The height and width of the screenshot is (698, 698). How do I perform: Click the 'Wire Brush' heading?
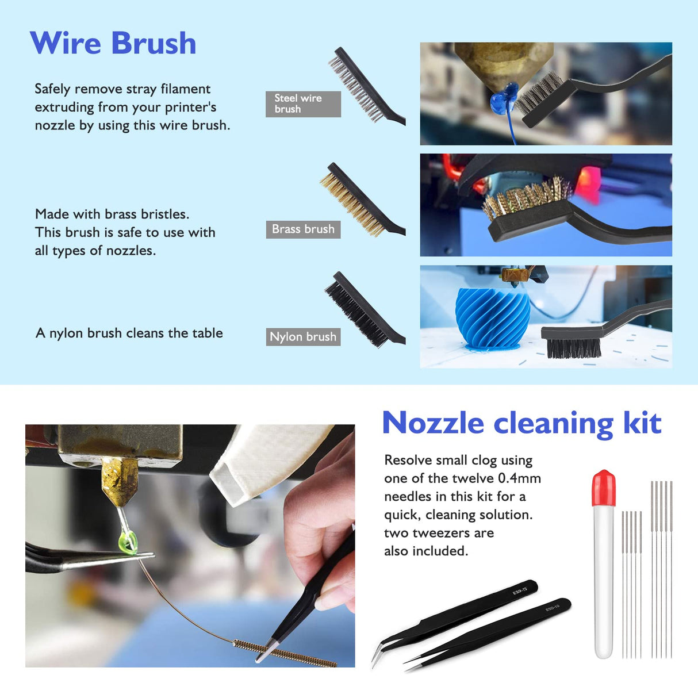click(x=113, y=43)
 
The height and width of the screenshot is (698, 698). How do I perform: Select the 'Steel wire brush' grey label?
click(x=302, y=104)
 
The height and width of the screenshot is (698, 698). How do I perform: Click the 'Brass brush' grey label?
click(x=303, y=229)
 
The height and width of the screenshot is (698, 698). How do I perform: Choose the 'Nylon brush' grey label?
click(x=303, y=337)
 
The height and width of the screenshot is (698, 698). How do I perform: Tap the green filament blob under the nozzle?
click(x=128, y=541)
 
